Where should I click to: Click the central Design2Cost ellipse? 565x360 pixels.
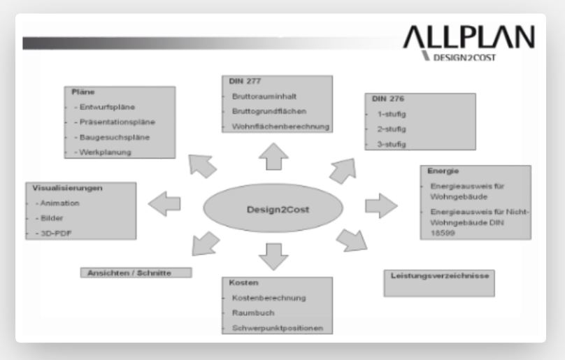(273, 208)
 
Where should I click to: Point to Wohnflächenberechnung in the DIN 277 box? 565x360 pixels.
(277, 127)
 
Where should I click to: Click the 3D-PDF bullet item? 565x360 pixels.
(49, 233)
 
